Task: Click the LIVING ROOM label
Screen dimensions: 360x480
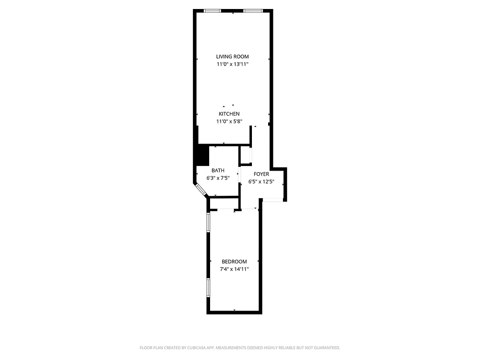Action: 232,57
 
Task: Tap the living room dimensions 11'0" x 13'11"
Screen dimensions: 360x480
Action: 232,64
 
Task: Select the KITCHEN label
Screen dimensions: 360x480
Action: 229,114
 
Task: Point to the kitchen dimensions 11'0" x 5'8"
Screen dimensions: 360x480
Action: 229,121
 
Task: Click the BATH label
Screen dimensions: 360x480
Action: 218,171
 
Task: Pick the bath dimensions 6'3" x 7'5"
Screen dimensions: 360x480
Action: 218,178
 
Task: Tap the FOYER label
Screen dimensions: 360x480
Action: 261,174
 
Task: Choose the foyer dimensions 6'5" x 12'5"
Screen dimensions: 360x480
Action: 261,182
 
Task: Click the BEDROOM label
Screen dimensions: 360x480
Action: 234,262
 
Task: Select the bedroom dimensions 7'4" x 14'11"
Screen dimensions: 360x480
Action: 234,269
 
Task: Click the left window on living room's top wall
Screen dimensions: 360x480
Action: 212,11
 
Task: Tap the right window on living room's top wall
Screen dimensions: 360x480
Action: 253,11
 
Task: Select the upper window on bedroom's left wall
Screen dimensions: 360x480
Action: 208,222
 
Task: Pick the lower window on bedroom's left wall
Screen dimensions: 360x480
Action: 208,287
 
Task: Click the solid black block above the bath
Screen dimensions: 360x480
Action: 202,155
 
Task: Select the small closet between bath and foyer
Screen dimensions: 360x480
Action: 246,155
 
